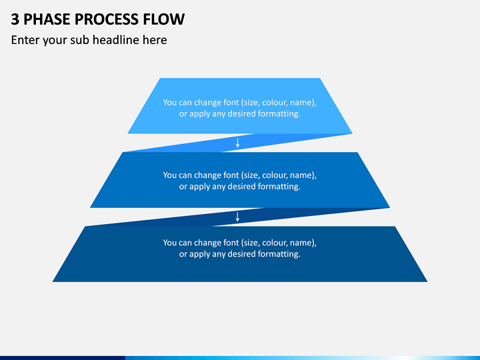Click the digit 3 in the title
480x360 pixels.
coord(15,19)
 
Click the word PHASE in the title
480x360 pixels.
coord(47,19)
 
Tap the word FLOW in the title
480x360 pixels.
coord(164,19)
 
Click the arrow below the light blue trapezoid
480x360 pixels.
coord(237,143)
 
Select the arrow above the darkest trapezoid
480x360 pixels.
coord(237,217)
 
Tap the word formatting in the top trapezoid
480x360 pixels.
coord(279,114)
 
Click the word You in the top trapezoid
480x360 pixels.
coord(169,102)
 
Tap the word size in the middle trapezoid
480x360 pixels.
coord(251,175)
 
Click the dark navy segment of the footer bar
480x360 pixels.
coord(63,358)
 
